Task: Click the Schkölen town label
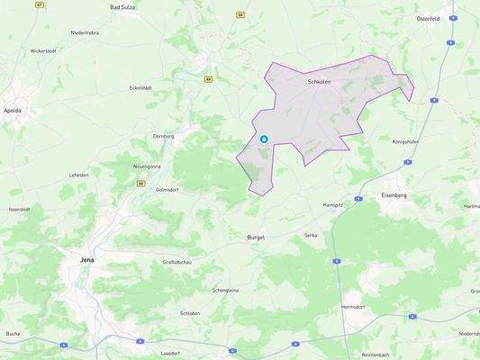(320, 82)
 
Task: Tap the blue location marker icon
(264, 139)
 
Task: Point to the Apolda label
(13, 111)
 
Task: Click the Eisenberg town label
(394, 194)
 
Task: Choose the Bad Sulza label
(122, 6)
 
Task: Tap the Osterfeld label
(429, 18)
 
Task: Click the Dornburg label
(162, 136)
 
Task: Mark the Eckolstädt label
(140, 87)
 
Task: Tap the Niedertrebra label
(84, 32)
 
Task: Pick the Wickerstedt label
(43, 51)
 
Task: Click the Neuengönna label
(147, 166)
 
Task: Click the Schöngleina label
(226, 291)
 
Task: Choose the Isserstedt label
(19, 209)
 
